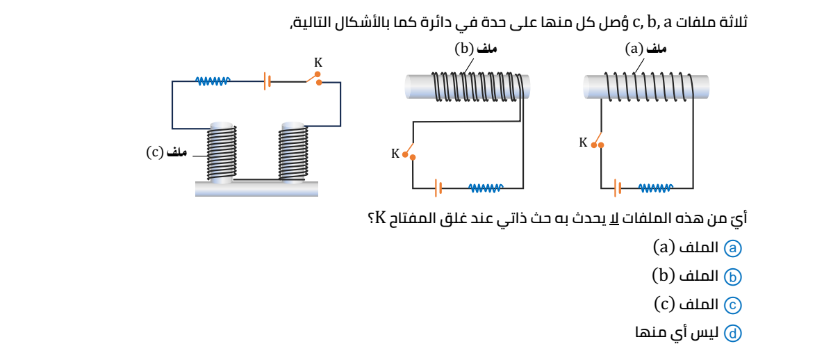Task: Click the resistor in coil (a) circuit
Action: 655,188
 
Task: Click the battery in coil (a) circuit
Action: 617,188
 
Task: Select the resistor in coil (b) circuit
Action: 486,188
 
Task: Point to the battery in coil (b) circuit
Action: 438,188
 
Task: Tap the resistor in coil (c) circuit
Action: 213,81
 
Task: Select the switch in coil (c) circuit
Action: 314,79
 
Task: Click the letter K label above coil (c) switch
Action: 318,61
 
